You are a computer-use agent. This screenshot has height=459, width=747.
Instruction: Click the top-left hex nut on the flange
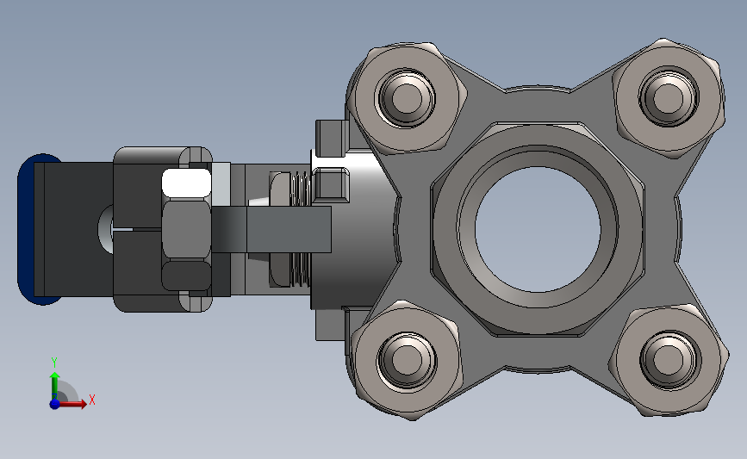click(407, 97)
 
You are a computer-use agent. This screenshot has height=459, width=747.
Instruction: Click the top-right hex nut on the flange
click(668, 97)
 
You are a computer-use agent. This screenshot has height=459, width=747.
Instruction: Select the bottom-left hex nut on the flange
click(407, 360)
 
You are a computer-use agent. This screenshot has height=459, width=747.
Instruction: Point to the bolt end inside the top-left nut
click(407, 97)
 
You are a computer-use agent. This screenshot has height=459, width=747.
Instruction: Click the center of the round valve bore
click(538, 229)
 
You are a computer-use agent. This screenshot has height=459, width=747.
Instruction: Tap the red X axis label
click(92, 400)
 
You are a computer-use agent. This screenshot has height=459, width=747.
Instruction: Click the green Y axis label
click(54, 363)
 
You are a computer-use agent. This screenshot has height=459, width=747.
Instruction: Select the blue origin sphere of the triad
click(55, 404)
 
